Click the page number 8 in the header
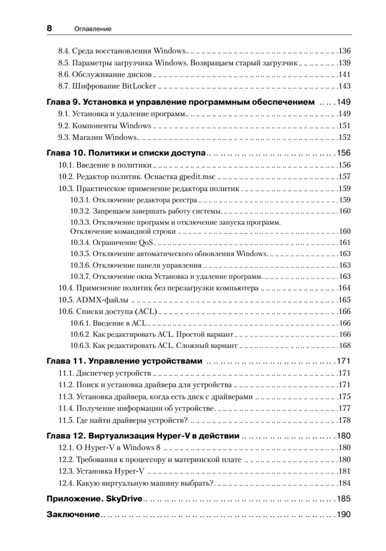pyautogui.click(x=50, y=28)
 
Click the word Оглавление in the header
pyautogui.click(x=93, y=29)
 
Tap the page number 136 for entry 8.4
pyautogui.click(x=344, y=51)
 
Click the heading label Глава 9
pyautogui.click(x=63, y=102)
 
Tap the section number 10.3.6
pyautogui.click(x=80, y=265)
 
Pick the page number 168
pyautogui.click(x=344, y=345)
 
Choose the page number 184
pyautogui.click(x=344, y=483)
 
